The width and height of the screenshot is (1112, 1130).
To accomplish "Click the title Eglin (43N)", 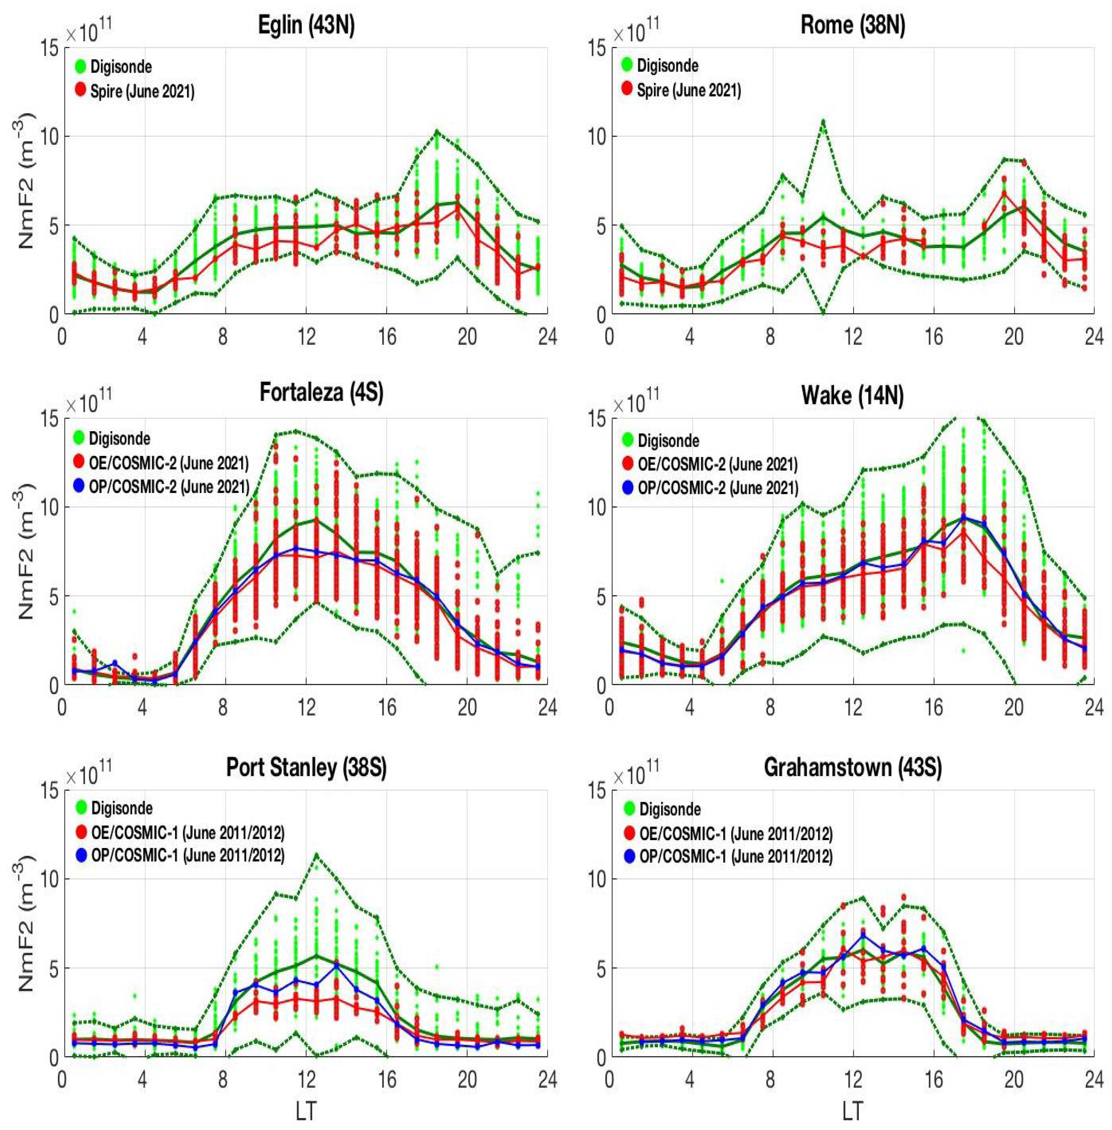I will point(306,26).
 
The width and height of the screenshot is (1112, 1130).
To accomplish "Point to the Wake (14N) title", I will point(852,396).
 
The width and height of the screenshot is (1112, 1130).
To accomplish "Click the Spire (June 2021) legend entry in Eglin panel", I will point(142,92).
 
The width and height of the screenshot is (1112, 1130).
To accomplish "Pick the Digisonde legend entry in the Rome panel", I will point(667,66).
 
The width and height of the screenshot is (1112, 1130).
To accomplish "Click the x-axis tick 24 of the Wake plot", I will point(1093,707).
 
